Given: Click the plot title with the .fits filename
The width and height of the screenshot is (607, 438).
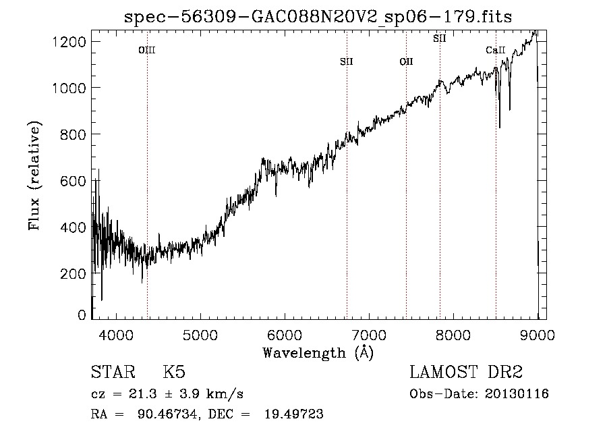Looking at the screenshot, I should (318, 17).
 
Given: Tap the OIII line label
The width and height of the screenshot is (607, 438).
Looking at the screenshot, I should (147, 50).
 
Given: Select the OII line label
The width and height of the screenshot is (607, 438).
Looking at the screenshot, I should (406, 62).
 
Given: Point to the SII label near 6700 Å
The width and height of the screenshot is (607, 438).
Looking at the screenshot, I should (347, 62).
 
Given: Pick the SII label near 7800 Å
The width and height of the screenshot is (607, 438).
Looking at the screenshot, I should (440, 38).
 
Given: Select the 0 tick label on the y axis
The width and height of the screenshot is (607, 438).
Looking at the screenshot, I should (82, 315).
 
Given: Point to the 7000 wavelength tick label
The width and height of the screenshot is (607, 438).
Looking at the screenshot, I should (369, 335).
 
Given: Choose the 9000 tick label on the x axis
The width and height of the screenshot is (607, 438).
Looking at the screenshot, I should (538, 335).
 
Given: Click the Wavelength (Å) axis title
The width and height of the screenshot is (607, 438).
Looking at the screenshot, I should (318, 352).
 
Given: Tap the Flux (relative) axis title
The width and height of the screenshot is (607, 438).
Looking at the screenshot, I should (34, 176).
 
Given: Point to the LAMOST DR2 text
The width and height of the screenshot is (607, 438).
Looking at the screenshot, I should (466, 373).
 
